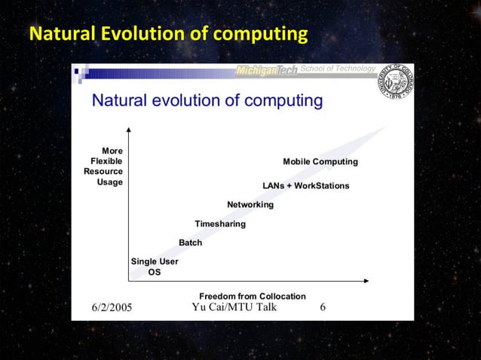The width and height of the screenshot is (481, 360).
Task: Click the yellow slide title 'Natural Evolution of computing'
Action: (x=168, y=35)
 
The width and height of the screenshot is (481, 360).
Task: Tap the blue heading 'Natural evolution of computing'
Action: (x=207, y=101)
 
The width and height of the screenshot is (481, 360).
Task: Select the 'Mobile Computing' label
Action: (x=320, y=162)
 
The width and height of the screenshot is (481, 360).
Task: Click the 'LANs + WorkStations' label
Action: (x=305, y=185)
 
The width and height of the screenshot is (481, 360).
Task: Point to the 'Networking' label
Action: (x=250, y=205)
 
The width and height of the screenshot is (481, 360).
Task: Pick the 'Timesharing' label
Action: (x=220, y=224)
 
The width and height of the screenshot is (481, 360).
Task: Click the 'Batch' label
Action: (x=190, y=243)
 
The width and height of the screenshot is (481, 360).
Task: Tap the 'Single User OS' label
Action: (x=155, y=267)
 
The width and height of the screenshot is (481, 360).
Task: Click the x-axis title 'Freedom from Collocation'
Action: (x=252, y=296)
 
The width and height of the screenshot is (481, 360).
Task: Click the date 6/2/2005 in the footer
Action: (x=112, y=307)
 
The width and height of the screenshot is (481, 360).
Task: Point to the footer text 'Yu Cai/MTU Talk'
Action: (x=234, y=307)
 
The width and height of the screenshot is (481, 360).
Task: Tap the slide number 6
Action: (x=323, y=307)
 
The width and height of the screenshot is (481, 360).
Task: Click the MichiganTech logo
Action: (x=268, y=71)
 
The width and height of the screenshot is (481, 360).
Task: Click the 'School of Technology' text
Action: (x=337, y=70)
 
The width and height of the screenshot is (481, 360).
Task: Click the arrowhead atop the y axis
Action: (x=129, y=130)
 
